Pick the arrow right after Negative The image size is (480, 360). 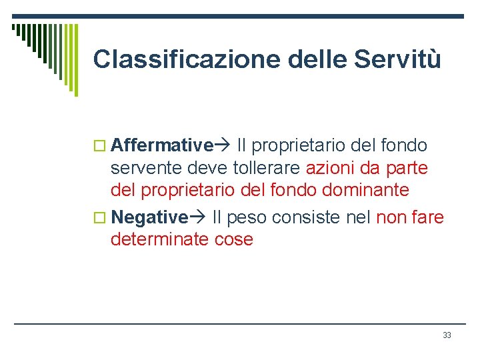[x=198, y=217]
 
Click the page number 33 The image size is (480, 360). [x=447, y=335]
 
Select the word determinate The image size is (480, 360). [x=161, y=239]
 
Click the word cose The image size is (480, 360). [x=234, y=239]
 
